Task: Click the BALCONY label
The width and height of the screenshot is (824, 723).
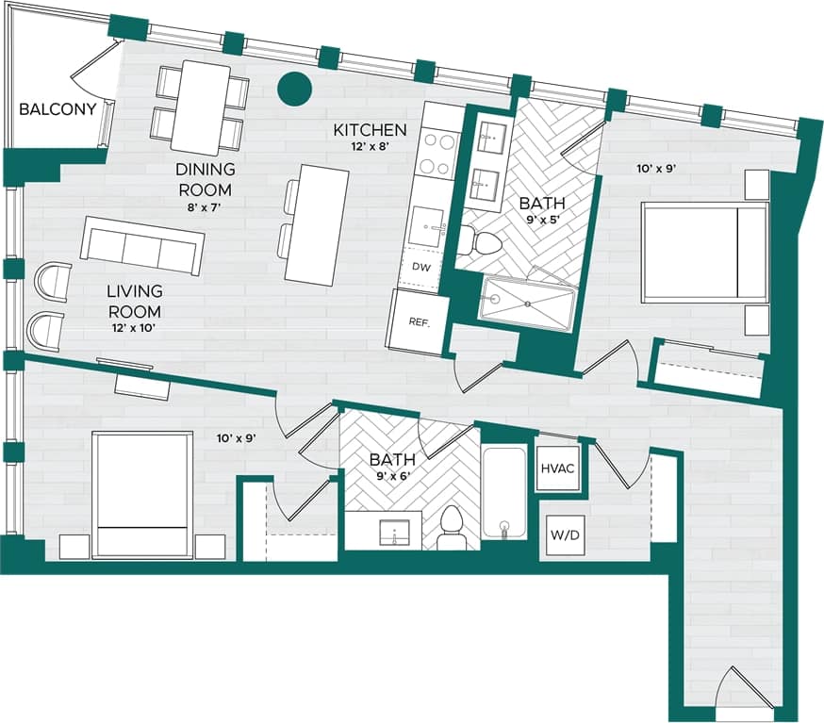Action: pyautogui.click(x=58, y=109)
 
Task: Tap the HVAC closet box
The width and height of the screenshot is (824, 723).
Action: pyautogui.click(x=558, y=465)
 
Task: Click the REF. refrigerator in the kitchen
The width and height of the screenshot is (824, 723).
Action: pyautogui.click(x=419, y=322)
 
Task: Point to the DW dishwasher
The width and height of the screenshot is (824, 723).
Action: pyautogui.click(x=421, y=268)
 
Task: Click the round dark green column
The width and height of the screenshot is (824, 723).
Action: pyautogui.click(x=294, y=89)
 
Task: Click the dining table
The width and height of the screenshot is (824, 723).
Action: pyautogui.click(x=201, y=107)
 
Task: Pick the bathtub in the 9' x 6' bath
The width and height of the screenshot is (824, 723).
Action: pyautogui.click(x=503, y=492)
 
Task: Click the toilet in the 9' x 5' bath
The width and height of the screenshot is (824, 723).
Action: pyautogui.click(x=487, y=244)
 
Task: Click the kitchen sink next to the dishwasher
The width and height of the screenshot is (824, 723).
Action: pyautogui.click(x=428, y=227)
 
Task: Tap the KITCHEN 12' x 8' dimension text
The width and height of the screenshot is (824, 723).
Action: pyautogui.click(x=370, y=147)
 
